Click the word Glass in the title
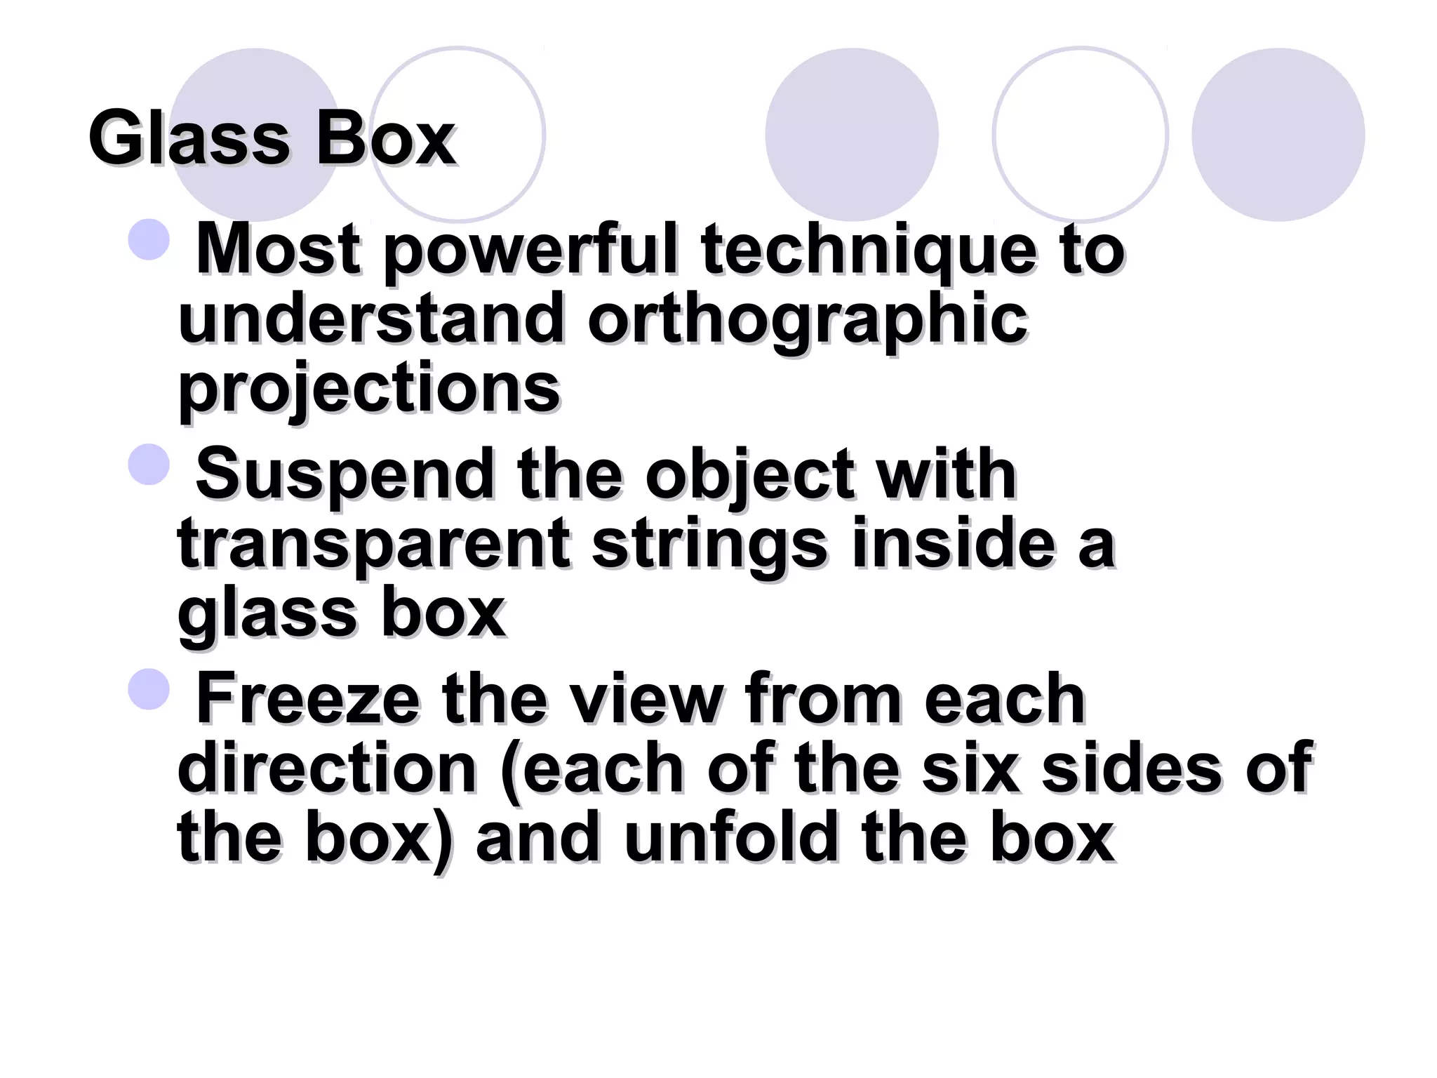[x=188, y=138]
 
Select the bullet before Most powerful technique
[x=149, y=239]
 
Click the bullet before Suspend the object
[x=149, y=464]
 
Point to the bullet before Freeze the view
[x=149, y=688]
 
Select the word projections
[x=369, y=390]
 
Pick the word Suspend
[x=345, y=476]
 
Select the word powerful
[x=530, y=251]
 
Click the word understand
[x=371, y=320]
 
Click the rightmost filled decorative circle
[x=1278, y=135]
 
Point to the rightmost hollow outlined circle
[x=1081, y=135]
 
